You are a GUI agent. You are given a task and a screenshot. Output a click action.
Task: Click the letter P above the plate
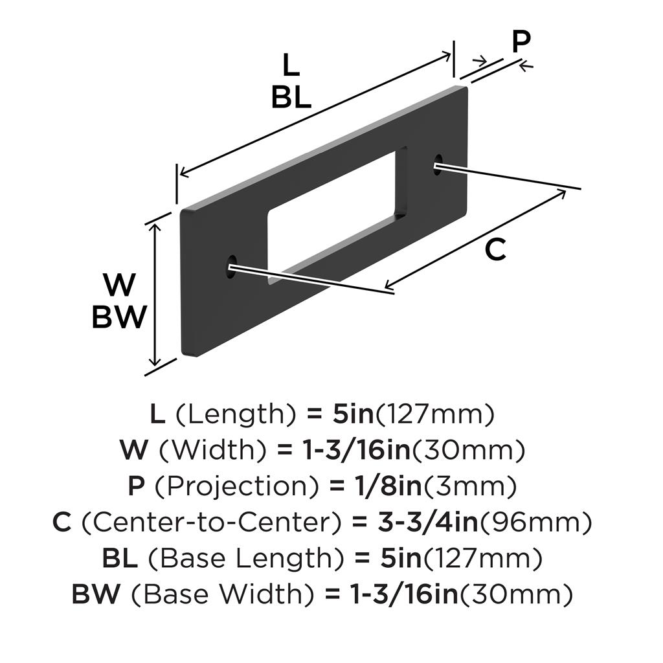click(x=521, y=42)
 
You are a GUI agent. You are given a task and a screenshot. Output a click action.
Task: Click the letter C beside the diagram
click(x=495, y=250)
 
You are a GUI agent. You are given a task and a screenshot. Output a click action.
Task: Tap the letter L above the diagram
click(x=291, y=65)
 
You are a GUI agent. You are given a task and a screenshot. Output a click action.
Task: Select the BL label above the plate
click(x=291, y=97)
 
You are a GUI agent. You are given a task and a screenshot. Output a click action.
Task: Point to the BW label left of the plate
click(x=118, y=317)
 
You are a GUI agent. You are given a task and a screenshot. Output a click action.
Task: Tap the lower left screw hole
click(x=231, y=267)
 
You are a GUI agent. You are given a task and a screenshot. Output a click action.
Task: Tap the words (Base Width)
click(x=225, y=593)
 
